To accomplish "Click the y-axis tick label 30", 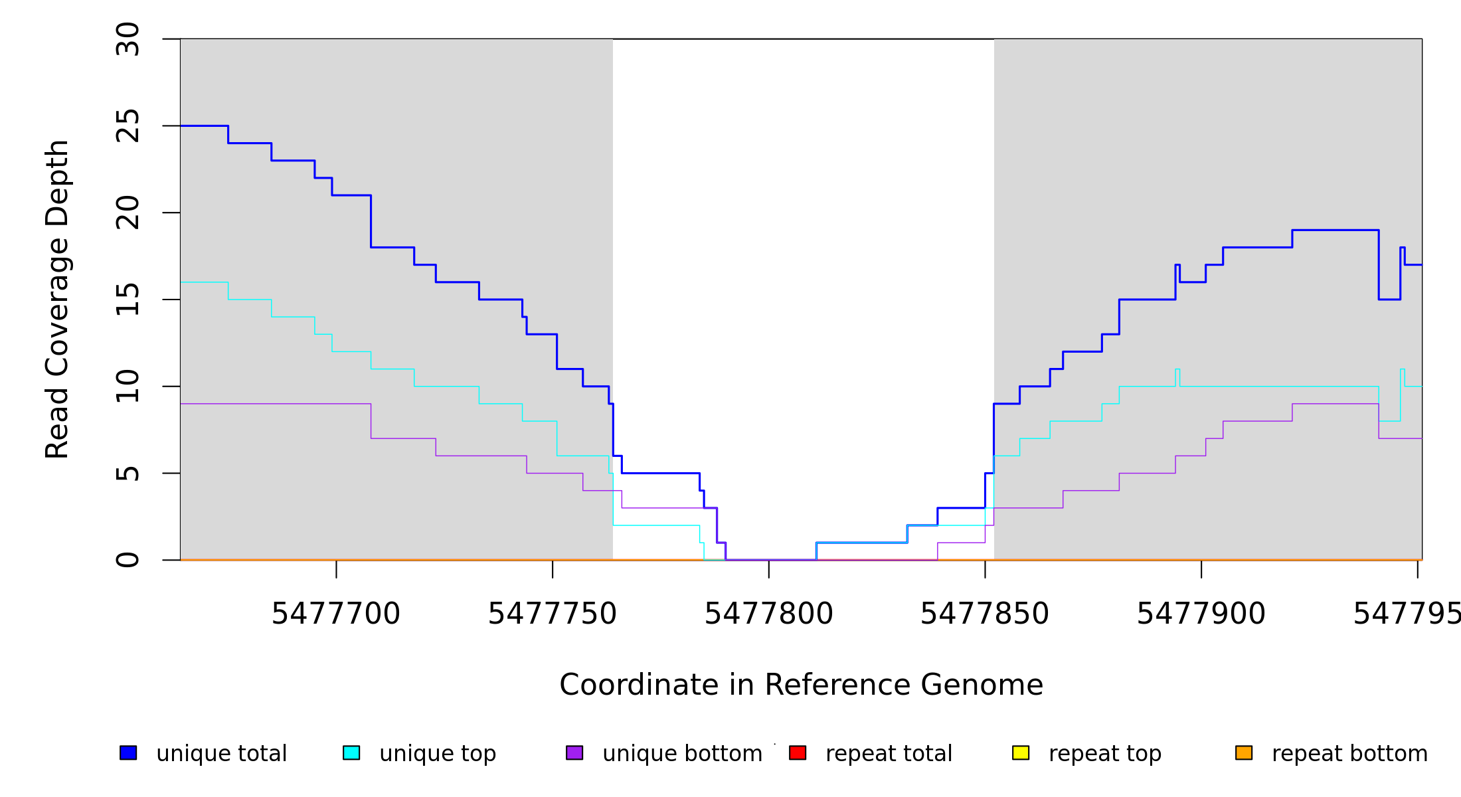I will pos(128,39).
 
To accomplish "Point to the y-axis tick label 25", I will pos(128,126).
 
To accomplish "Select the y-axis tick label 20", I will pos(128,213).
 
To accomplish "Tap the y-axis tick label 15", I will pos(128,300).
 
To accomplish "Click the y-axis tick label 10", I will pos(128,387).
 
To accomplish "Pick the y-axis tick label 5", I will pos(128,474).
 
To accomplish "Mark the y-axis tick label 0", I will pos(128,560).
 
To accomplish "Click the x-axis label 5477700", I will pos(336,614).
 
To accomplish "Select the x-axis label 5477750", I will pos(553,614).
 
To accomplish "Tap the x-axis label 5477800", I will pos(769,614).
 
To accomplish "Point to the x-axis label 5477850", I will pos(985,614).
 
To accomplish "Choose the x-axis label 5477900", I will pos(1201,614).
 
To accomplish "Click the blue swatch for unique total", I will pos(128,753).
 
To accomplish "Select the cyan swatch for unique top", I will pos(351,753).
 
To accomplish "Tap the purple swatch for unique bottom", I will pos(574,753).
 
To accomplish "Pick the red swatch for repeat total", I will pos(798,753).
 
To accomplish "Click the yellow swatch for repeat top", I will pos(1021,753).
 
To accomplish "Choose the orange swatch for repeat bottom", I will pos(1244,753).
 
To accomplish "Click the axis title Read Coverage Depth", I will pos(57,300).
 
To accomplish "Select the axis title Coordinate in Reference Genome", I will pos(801,685).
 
